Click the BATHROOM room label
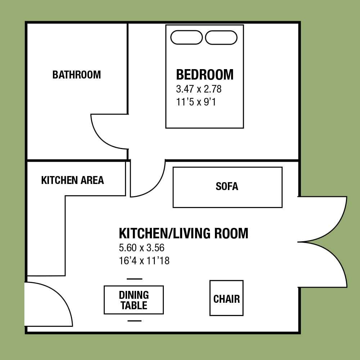[x=77, y=75]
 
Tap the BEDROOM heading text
[x=205, y=75]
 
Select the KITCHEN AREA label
[x=73, y=180]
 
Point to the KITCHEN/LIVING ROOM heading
[x=184, y=233]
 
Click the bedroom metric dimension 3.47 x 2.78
[x=199, y=89]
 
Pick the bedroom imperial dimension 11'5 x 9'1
[x=196, y=102]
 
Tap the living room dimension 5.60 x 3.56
[x=141, y=248]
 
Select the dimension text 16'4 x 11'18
[x=144, y=261]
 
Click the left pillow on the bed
[x=186, y=37]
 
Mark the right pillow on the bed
[x=221, y=37]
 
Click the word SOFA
[x=227, y=186]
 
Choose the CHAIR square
[x=226, y=298]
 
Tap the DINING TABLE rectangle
[x=134, y=300]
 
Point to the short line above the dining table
[x=135, y=279]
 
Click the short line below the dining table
[x=135, y=321]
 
